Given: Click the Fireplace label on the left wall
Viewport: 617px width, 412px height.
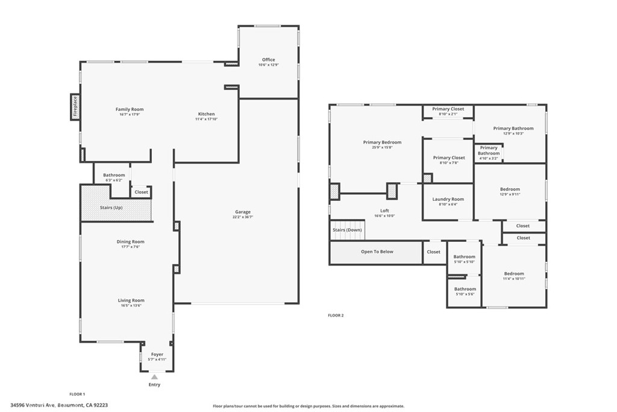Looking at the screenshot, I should point(75,106).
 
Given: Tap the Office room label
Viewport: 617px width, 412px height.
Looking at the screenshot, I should point(268,60).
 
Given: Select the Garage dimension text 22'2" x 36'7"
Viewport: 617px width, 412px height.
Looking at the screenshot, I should point(243,217).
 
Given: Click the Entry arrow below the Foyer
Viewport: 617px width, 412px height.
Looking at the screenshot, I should point(154,377).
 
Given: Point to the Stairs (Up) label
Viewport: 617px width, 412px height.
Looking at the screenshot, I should point(111,208).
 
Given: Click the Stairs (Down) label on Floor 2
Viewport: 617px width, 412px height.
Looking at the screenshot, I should point(347,230).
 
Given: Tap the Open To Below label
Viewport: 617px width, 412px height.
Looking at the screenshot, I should point(377,252).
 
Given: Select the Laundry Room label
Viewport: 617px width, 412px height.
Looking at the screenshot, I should point(448,199).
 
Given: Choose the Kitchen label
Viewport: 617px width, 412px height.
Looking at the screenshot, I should point(206,114).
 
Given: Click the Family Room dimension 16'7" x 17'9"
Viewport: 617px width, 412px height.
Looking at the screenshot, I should point(130,115).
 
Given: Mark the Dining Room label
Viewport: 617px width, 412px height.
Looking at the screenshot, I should point(130,242).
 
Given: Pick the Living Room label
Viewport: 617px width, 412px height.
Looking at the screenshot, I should point(130,300).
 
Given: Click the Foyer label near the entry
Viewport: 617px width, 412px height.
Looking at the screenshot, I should point(157,354).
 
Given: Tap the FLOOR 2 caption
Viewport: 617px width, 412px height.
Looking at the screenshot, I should point(336,315).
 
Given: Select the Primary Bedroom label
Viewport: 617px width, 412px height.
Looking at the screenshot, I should point(382,142).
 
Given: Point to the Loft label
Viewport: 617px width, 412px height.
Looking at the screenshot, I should point(384,211).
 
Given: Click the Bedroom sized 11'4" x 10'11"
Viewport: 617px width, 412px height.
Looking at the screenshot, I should point(514,274).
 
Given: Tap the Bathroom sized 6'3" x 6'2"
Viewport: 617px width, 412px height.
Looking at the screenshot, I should point(113,175).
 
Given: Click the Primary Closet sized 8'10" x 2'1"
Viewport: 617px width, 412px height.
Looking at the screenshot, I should point(448,109).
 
